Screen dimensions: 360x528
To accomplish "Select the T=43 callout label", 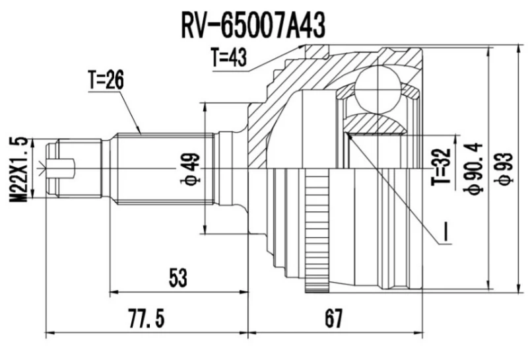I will pyautogui.click(x=228, y=59).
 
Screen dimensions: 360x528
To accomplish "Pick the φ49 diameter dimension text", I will pyautogui.click(x=192, y=168).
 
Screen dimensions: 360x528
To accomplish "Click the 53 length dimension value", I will pyautogui.click(x=177, y=278).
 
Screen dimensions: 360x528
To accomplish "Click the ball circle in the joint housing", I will pyautogui.click(x=380, y=90).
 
